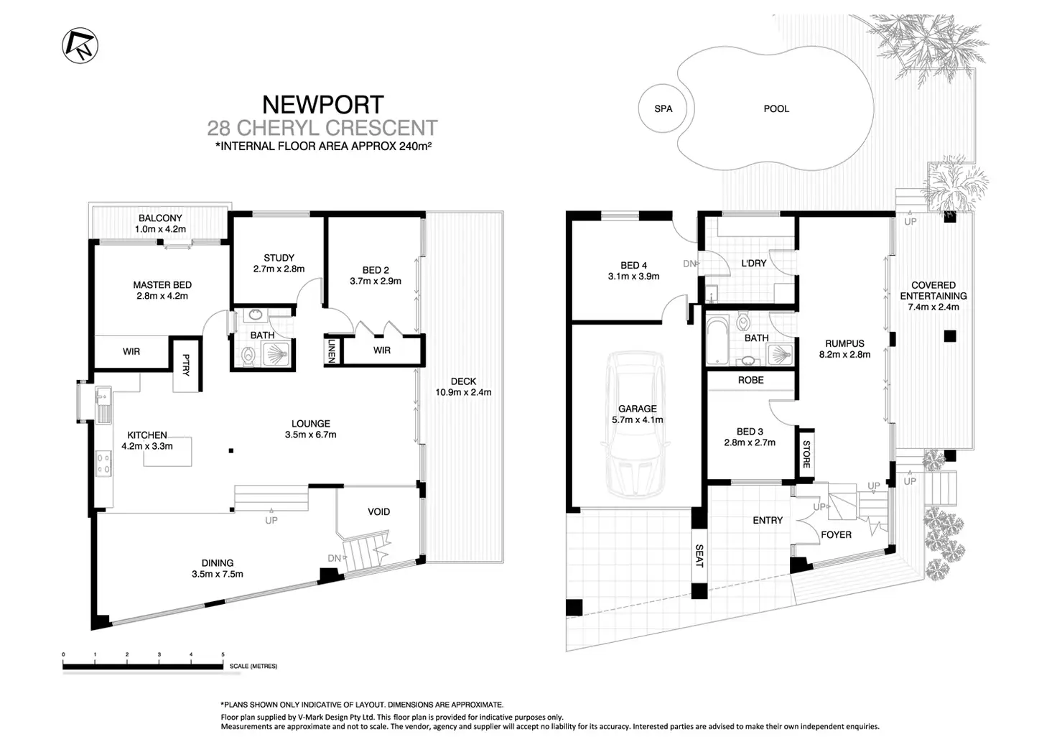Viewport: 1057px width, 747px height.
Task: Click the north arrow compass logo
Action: click(x=80, y=46)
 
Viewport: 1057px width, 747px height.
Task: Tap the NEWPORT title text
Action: click(x=322, y=105)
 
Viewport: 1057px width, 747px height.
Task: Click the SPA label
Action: click(x=663, y=108)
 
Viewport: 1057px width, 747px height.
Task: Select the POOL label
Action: click(x=776, y=108)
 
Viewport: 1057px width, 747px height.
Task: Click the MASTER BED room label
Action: click(x=162, y=285)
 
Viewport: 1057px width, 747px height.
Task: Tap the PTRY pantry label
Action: click(x=186, y=365)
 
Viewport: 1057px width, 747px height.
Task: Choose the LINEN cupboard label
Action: click(x=332, y=351)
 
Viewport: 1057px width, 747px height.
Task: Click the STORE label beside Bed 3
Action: click(x=806, y=454)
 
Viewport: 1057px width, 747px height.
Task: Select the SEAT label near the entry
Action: click(x=699, y=555)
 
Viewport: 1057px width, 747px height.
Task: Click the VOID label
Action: click(x=378, y=511)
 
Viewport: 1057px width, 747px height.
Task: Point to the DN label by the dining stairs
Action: click(x=334, y=558)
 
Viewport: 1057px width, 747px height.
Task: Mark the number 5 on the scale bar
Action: click(x=223, y=654)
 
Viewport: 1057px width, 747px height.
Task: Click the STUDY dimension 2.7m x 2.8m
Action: click(x=279, y=269)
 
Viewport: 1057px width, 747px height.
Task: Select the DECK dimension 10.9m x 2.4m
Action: click(x=463, y=392)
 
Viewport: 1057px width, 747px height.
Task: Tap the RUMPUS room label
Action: click(x=844, y=343)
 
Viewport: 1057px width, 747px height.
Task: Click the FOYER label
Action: click(x=836, y=534)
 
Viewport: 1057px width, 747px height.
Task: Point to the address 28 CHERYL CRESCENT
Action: click(x=322, y=129)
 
